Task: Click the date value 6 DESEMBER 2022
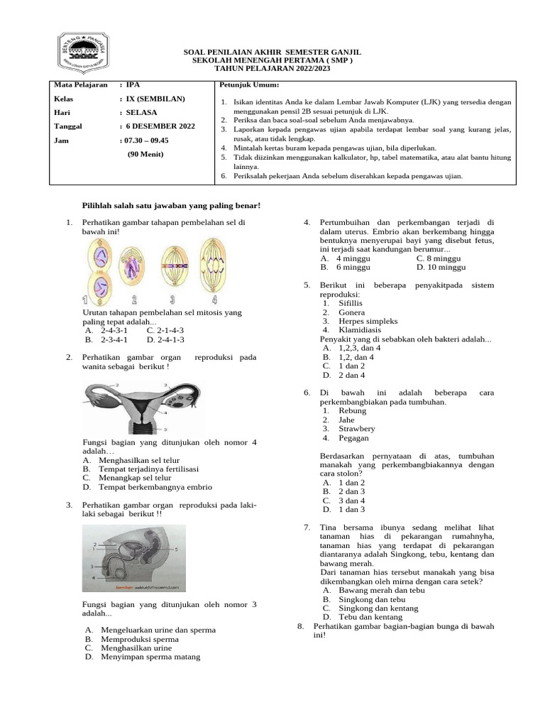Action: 159,126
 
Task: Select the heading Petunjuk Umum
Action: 243,84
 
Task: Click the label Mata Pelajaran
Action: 82,84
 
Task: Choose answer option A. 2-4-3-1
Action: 105,331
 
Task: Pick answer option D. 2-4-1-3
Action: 165,340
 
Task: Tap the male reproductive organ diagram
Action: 133,558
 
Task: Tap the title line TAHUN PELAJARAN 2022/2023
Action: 272,69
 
